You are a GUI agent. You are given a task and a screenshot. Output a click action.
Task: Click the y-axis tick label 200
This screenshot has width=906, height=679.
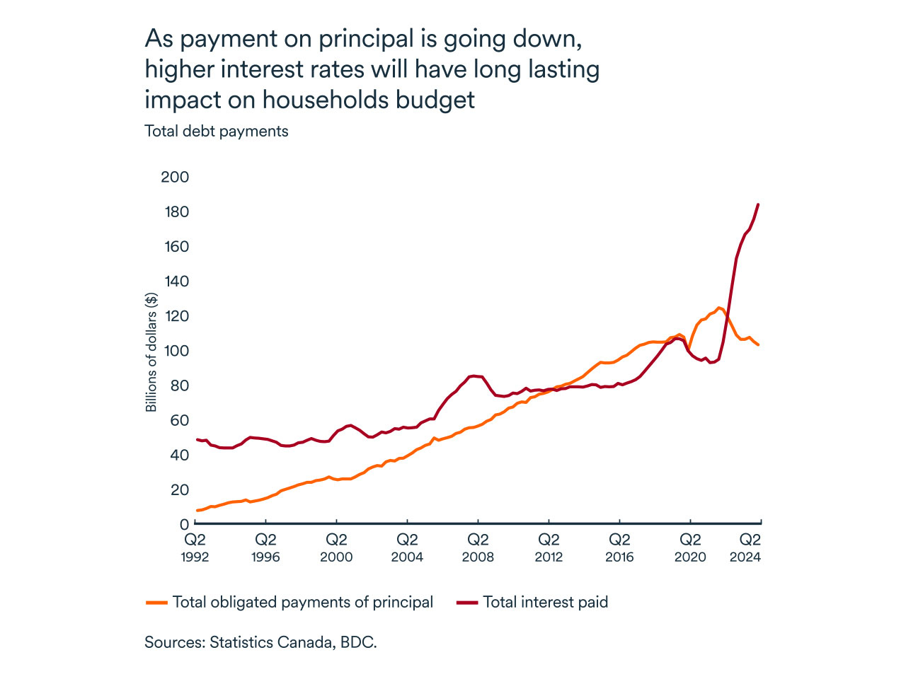point(175,177)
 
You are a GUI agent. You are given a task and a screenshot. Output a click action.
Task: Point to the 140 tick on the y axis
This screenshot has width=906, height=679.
point(175,281)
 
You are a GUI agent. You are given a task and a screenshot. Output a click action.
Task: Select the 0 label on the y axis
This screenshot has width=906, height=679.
point(184,524)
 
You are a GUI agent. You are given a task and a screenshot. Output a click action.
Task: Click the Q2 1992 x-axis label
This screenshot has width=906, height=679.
point(195,548)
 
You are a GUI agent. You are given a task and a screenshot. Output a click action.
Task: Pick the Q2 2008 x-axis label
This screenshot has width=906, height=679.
point(478,548)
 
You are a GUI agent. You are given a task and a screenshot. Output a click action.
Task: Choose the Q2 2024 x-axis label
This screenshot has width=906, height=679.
point(745,548)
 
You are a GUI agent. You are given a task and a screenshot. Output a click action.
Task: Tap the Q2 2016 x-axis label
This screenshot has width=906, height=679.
point(619,548)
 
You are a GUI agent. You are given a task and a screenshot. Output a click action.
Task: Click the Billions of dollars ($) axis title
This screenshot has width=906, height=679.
point(151,352)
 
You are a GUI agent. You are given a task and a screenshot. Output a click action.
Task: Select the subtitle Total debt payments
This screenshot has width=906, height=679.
point(217,132)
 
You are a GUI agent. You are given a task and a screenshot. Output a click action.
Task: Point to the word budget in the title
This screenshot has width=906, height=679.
point(435,99)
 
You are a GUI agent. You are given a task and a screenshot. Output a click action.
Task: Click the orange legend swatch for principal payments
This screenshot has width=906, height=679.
point(156,603)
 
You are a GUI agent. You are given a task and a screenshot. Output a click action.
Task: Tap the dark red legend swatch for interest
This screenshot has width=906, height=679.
point(467,603)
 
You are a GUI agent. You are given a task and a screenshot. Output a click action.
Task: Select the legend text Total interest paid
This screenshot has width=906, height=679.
point(546,603)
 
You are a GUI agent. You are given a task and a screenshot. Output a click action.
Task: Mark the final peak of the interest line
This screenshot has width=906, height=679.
point(758,204)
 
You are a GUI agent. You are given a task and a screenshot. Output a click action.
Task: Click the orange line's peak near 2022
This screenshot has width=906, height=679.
point(719,308)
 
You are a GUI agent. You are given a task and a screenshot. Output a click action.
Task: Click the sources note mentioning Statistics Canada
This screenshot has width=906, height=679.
point(260,642)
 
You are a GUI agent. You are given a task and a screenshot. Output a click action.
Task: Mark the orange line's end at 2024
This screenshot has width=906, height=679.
point(758,344)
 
